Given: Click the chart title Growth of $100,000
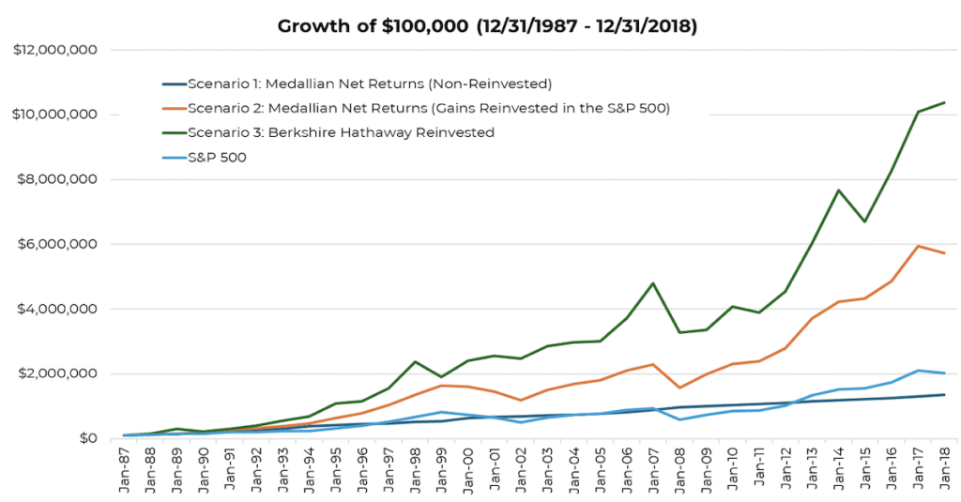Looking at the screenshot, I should coord(486,25).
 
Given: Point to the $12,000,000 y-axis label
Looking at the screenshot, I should coord(54,50).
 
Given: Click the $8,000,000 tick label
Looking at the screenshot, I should coord(59,179).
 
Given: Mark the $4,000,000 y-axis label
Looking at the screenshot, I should coord(59,309).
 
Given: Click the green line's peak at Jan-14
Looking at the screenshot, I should coord(837,190).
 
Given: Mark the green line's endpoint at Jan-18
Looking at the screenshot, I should coord(944,102).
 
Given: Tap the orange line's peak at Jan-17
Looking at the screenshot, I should coord(917,246).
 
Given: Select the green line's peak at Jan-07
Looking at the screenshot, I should coord(650,283).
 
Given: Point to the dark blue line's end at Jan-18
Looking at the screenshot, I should coord(944,395).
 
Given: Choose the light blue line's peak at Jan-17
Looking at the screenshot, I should coord(917,371).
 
